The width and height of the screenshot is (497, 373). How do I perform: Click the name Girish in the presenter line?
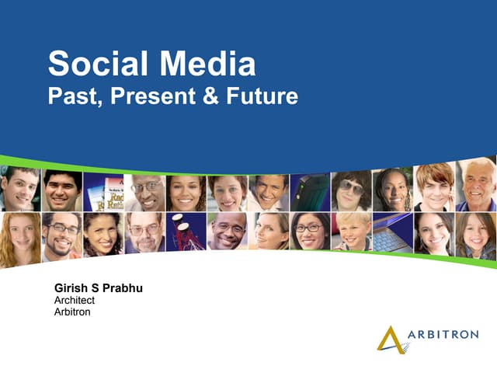tap(71, 289)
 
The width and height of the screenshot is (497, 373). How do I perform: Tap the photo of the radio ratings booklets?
tap(103, 192)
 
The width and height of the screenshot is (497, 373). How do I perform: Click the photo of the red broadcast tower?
tap(186, 232)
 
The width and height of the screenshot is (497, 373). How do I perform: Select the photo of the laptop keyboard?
tap(392, 232)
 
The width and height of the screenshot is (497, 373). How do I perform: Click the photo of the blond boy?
tap(351, 232)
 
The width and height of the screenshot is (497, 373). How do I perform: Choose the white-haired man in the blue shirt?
tap(476, 186)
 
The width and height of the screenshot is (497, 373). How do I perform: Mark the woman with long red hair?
tap(20, 237)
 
